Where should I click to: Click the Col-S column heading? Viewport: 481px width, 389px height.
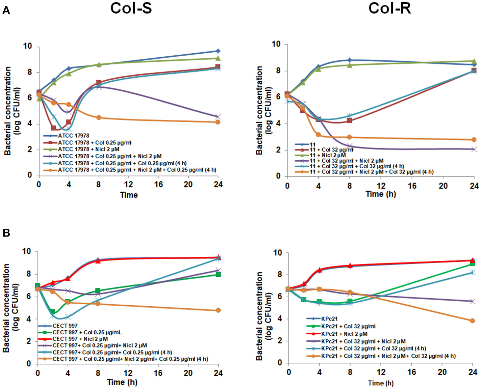click(131, 8)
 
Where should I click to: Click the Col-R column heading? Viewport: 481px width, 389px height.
click(389, 8)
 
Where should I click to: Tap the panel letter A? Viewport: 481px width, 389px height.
click(6, 11)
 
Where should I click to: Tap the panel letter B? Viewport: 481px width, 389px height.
click(6, 233)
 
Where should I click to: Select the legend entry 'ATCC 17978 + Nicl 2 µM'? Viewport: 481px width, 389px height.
click(88, 149)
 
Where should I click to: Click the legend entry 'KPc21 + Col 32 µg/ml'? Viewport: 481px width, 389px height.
click(348, 326)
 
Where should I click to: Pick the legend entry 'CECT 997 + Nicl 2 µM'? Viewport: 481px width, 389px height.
click(80, 339)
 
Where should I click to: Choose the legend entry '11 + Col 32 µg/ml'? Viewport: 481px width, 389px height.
click(331, 150)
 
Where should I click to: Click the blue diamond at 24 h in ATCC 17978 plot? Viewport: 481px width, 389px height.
click(218, 51)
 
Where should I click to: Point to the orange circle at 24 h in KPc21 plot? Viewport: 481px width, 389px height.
click(472, 321)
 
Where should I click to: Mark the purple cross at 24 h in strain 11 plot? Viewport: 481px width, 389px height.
click(474, 149)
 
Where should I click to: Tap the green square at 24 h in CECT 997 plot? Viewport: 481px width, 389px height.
click(218, 275)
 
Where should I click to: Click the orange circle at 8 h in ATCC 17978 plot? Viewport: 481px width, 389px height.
click(99, 117)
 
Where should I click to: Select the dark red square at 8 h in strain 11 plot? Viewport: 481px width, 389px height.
click(350, 120)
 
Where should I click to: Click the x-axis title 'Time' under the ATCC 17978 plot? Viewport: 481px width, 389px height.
click(129, 195)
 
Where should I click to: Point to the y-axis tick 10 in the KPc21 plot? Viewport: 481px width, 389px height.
click(277, 253)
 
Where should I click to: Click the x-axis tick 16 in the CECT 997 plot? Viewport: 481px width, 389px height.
click(158, 373)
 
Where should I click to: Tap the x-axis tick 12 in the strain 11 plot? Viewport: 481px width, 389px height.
click(381, 186)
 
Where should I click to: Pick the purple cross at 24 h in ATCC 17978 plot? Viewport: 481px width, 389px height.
click(218, 117)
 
